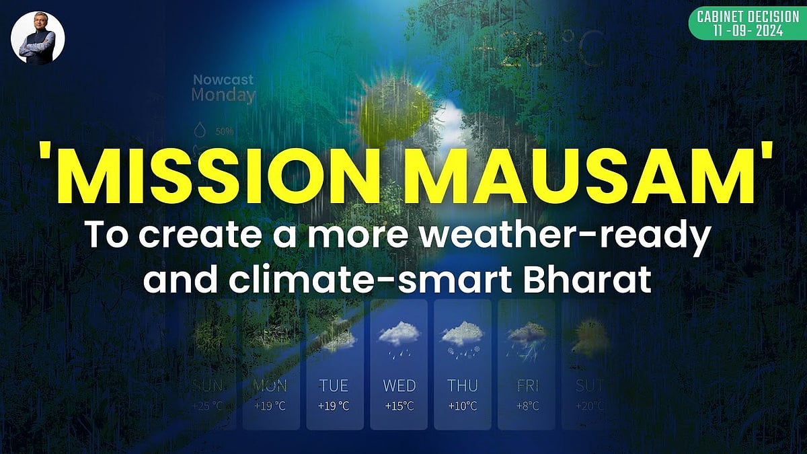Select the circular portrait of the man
coord(38,38)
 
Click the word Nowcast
coord(223,80)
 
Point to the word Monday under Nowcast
coord(223,96)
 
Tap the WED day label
coord(399,386)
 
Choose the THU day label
coord(463,386)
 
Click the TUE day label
coord(334,386)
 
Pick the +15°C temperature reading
coord(399,406)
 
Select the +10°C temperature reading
coord(463,406)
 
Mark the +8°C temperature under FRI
coord(526,406)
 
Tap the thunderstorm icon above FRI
coord(527,335)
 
